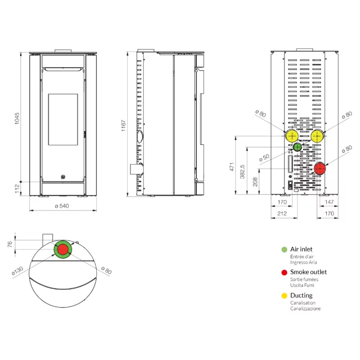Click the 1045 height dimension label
(17, 118)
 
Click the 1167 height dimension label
(123, 126)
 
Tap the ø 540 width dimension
(62, 206)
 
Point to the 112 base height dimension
(17, 189)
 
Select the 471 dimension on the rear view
(232, 167)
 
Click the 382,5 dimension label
(242, 171)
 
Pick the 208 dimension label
(255, 182)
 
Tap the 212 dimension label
(282, 213)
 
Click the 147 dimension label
(329, 202)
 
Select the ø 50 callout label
(264, 158)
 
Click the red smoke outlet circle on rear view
(319, 169)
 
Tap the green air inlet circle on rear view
(297, 147)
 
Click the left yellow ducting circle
(292, 136)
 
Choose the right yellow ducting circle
(317, 136)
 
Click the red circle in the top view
(63, 250)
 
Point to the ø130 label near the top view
(18, 271)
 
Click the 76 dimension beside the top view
(9, 244)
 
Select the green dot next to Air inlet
(284, 250)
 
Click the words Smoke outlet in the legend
(308, 272)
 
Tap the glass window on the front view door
(63, 119)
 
